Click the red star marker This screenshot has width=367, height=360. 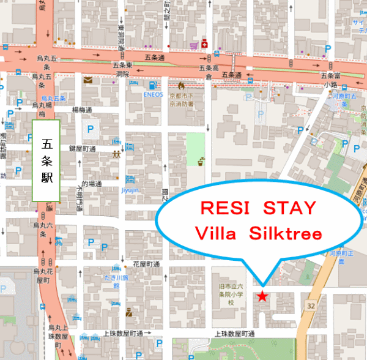[262, 296]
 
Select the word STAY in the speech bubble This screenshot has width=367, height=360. [290, 208]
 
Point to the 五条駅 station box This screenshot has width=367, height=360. [46, 160]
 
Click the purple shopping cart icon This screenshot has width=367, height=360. [193, 45]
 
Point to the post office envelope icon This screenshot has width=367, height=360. [88, 79]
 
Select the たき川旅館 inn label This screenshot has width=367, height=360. [116, 278]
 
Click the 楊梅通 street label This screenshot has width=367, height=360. [82, 111]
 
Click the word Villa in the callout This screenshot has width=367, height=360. [215, 233]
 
